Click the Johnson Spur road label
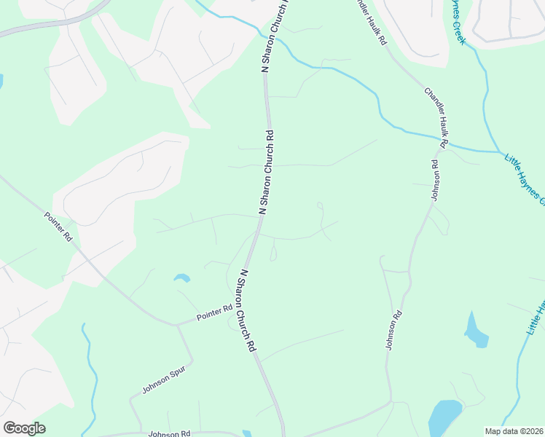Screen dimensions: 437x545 click(164, 379)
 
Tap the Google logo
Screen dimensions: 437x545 click(24, 428)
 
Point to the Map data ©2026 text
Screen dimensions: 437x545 click(513, 431)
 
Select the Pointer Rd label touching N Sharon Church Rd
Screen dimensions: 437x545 click(214, 314)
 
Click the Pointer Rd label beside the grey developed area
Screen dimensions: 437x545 click(58, 227)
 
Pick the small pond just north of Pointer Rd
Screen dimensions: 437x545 click(181, 278)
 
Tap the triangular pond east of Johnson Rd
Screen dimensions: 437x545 click(475, 331)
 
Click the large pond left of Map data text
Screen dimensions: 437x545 click(444, 417)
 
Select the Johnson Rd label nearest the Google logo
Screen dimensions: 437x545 click(168, 434)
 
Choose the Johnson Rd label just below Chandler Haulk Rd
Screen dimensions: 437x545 click(435, 180)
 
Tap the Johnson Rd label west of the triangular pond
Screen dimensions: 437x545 click(394, 331)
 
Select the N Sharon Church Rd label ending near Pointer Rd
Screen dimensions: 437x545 click(248, 312)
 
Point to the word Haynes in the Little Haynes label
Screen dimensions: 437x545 click(530, 184)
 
